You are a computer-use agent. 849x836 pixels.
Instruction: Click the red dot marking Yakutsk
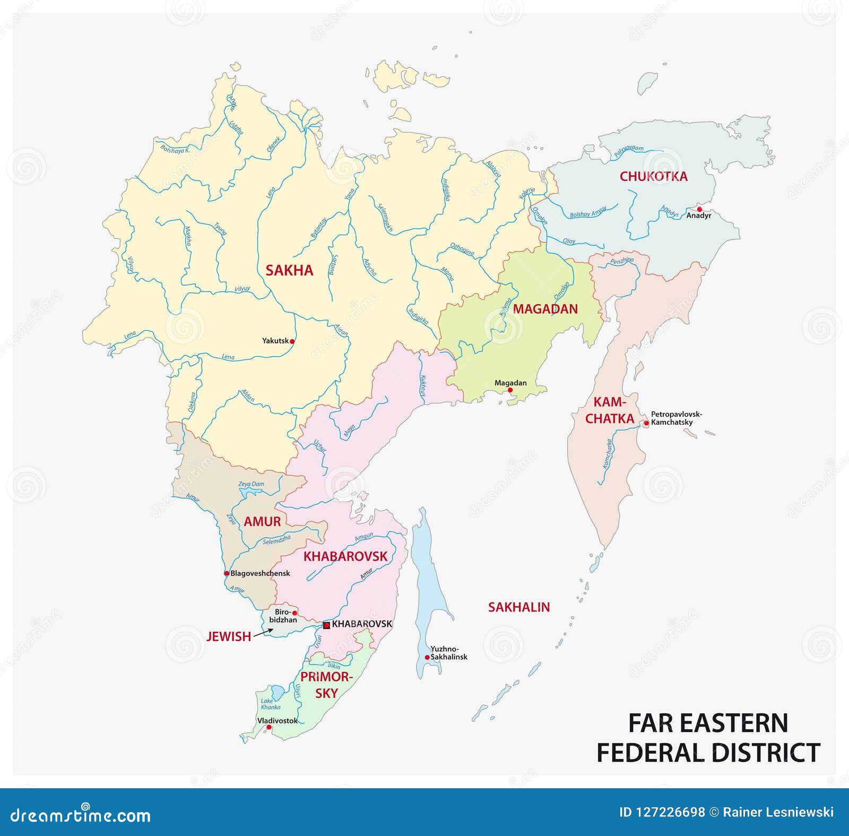(x=292, y=341)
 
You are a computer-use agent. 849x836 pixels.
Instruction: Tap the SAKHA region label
(x=289, y=270)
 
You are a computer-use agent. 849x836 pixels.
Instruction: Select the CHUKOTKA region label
(x=653, y=177)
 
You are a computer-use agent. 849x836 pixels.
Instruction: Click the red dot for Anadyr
(x=699, y=209)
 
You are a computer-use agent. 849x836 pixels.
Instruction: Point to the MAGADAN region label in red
(x=545, y=309)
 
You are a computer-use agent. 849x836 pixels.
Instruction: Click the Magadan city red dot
(x=510, y=390)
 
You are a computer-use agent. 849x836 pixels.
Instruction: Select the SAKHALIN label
(x=518, y=607)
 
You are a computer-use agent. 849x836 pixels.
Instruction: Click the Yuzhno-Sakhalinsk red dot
(x=427, y=657)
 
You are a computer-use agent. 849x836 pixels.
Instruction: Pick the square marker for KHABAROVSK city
(x=327, y=625)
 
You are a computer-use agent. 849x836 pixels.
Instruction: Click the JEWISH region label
(x=229, y=636)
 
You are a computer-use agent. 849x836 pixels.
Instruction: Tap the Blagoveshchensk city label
(x=260, y=573)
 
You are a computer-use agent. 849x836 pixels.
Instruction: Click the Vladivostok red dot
(x=269, y=728)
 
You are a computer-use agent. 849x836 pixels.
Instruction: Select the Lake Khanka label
(x=271, y=704)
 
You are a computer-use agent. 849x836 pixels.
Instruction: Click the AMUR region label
(x=262, y=521)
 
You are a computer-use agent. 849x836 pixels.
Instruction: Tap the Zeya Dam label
(x=251, y=484)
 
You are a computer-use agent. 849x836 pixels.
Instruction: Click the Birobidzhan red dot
(x=294, y=613)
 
